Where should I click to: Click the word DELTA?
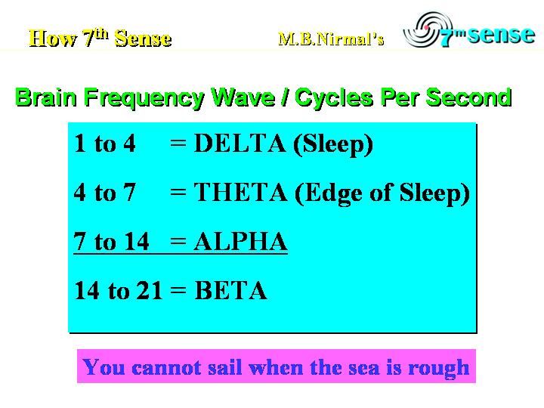[240, 143]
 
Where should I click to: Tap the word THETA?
[240, 192]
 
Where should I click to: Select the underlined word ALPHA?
[240, 241]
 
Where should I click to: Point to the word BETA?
[230, 290]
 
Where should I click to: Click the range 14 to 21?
[119, 290]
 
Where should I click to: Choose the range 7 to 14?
[111, 241]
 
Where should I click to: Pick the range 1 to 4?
[105, 143]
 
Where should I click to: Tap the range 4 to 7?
[104, 192]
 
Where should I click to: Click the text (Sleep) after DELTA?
[332, 144]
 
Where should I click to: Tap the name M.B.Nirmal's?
[331, 39]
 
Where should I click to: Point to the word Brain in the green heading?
[46, 97]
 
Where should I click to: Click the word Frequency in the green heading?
[144, 98]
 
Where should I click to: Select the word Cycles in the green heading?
[334, 98]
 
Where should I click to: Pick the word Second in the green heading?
[468, 97]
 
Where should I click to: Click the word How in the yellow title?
[53, 38]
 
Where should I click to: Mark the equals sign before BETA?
[178, 289]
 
